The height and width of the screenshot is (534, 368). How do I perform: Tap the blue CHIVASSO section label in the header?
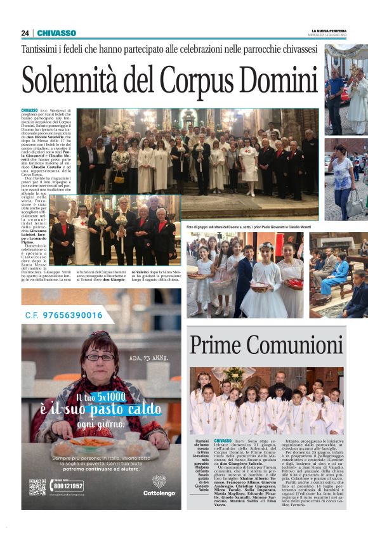(56, 33)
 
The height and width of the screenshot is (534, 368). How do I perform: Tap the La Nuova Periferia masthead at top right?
(330, 30)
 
